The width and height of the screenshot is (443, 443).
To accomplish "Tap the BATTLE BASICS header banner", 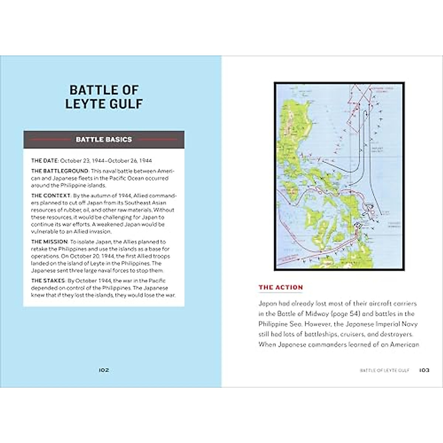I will tap(104, 140).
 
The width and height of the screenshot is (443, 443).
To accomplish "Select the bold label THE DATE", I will tap(45, 161).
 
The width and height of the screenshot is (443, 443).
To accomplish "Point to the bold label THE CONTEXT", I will tap(51, 196).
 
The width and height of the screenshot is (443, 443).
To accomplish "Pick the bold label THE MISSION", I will tap(49, 242).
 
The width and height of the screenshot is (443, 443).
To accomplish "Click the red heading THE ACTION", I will tap(281, 287).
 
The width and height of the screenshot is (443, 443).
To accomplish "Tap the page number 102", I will tap(104, 370).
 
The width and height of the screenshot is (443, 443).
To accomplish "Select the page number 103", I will tap(424, 370).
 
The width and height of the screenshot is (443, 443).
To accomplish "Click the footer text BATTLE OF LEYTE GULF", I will tap(384, 370).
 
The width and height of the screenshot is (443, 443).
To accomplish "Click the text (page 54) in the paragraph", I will tap(346, 314).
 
